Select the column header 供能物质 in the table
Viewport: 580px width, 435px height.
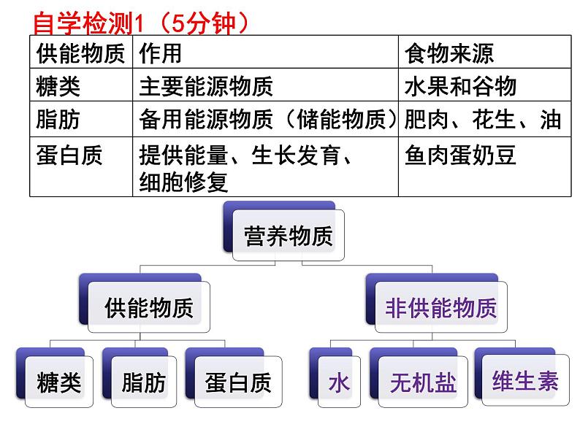[80, 53]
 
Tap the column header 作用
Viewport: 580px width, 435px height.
[160, 53]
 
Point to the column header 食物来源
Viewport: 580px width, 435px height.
[449, 53]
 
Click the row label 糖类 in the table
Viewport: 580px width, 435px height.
[58, 86]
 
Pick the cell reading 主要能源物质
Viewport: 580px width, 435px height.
[206, 86]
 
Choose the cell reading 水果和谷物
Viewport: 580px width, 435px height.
[460, 86]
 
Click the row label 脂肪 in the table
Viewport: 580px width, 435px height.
[58, 120]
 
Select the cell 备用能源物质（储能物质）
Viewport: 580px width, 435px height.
[267, 120]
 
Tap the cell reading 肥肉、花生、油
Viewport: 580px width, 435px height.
[483, 120]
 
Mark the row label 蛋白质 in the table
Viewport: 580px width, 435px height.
[69, 155]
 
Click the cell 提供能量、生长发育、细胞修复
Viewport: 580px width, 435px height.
[248, 168]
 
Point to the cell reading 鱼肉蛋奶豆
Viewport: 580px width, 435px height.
[460, 155]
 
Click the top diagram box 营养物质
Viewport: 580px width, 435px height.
[289, 236]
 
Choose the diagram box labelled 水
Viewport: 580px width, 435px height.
[339, 382]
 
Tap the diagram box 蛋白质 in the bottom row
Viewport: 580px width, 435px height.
[238, 382]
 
